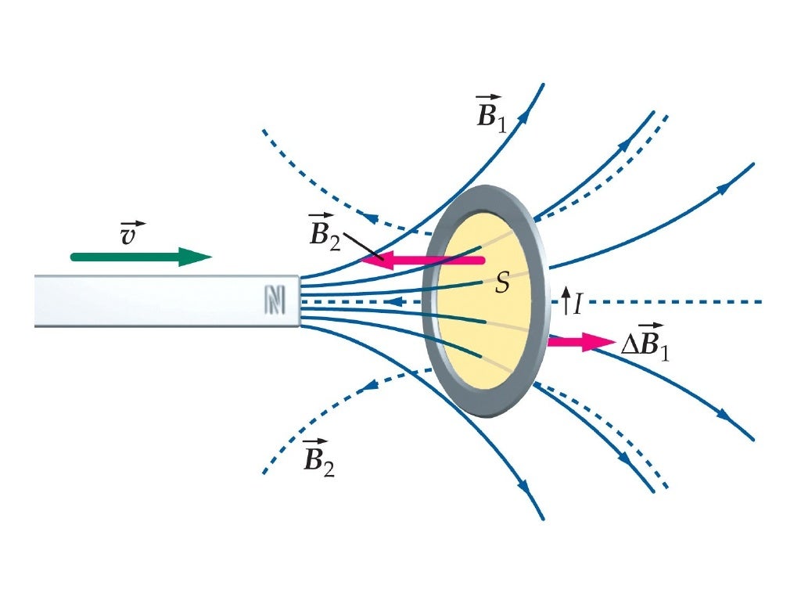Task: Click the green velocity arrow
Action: point(133,257)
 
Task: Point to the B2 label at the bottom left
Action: point(318,459)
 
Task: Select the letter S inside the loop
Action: point(502,284)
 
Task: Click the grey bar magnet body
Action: point(156,301)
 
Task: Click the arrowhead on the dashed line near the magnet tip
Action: point(397,301)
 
